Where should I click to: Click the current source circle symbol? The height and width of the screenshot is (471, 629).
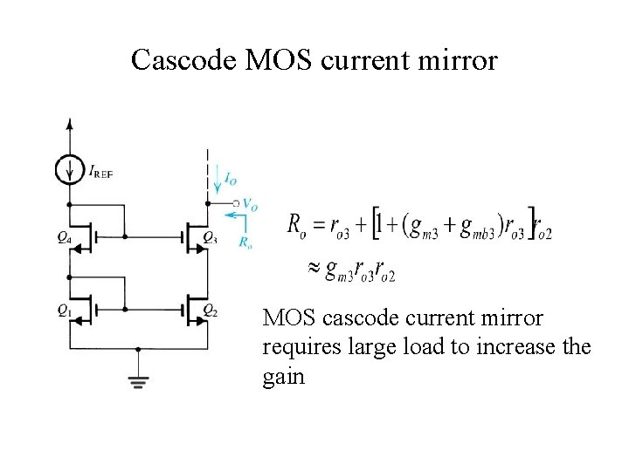[70, 170]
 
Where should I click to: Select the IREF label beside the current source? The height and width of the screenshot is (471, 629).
[101, 172]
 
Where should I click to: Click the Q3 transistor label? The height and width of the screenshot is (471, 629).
[210, 236]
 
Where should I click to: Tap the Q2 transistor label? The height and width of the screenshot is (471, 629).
[210, 310]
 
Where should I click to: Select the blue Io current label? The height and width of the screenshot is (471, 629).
[230, 179]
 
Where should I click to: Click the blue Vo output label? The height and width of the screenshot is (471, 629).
[250, 206]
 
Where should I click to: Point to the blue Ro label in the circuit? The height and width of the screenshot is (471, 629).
[245, 242]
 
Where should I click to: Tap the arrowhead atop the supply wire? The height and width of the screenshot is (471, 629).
[70, 122]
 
